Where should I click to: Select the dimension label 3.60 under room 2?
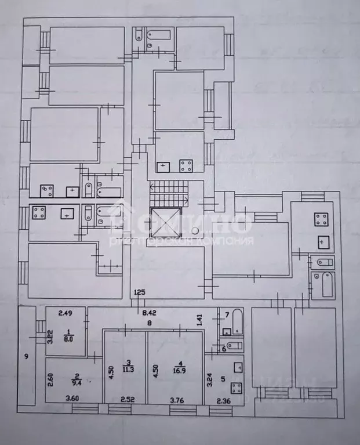click(x=72, y=399)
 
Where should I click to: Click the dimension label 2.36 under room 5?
click(x=223, y=399)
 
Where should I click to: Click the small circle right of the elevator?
click(x=196, y=230)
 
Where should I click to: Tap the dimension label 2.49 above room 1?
click(x=64, y=314)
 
